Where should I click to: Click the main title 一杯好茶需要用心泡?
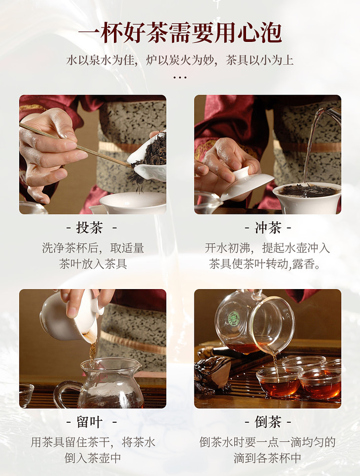pos(180,32)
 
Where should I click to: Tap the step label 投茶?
pos(90,227)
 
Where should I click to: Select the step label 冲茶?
pos(268,227)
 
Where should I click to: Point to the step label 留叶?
pos(90,422)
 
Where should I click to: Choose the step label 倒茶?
pos(268,422)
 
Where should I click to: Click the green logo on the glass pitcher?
pos(234,318)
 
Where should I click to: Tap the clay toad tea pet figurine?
pos(213,373)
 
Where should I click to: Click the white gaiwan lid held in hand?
pos(247,183)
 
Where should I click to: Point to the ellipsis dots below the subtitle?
pos(180,78)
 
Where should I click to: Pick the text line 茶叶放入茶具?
pos(93,263)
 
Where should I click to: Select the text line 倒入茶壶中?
pos(93,458)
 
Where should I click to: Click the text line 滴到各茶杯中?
pos(267,458)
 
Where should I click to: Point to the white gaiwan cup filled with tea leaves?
pos(307,197)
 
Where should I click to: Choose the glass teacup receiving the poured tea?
pos(279,382)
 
